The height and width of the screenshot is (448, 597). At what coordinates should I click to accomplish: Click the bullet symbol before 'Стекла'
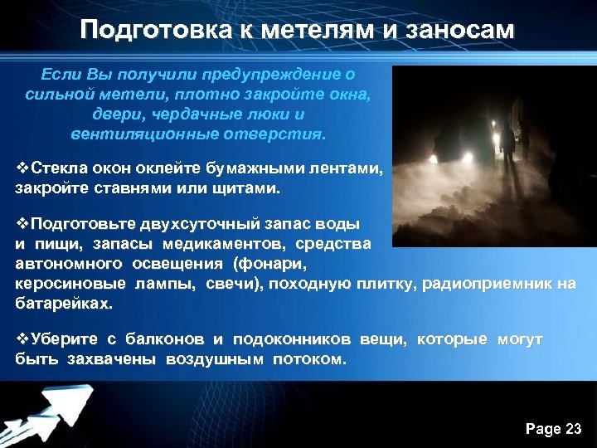click(x=22, y=169)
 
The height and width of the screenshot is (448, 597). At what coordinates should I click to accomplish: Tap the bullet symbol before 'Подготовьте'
click(x=22, y=224)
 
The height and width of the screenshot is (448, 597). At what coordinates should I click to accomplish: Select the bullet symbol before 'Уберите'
click(x=22, y=339)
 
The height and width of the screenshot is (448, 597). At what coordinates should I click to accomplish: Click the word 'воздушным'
click(x=216, y=359)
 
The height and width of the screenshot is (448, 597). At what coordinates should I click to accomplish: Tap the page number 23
click(x=573, y=428)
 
